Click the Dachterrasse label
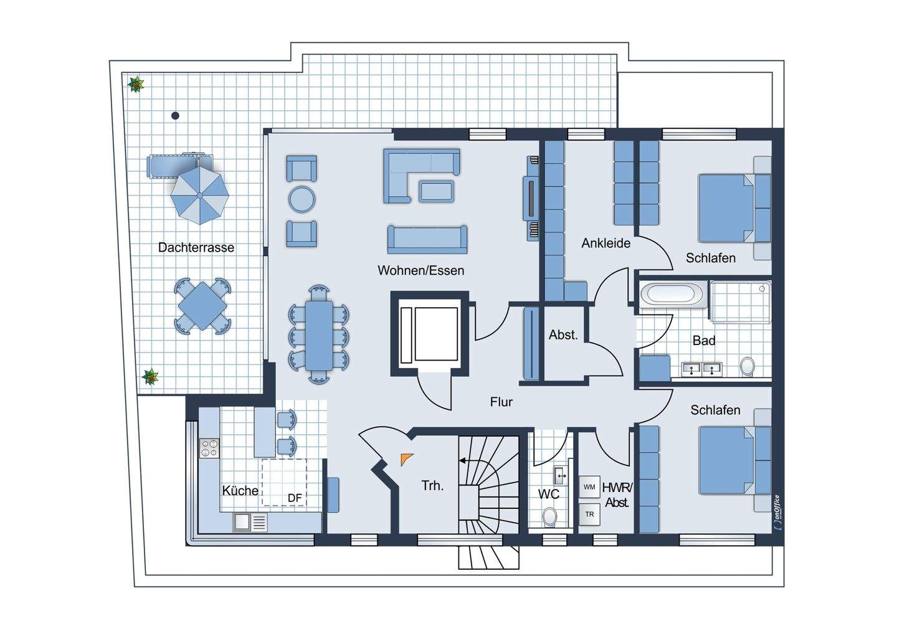tap(196, 247)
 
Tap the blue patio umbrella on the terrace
tap(199, 196)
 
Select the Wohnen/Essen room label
tap(421, 270)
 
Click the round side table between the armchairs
tap(302, 199)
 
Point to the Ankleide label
tap(606, 243)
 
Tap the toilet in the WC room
tap(549, 517)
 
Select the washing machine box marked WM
tap(589, 487)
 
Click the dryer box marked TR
tap(589, 514)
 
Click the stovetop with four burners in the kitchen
tap(209, 448)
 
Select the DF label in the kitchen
tap(295, 498)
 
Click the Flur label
tap(501, 402)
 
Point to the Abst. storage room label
tap(563, 334)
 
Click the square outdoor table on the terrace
tap(202, 306)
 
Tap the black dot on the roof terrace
tap(175, 116)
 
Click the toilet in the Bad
tap(747, 366)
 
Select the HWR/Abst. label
tap(617, 494)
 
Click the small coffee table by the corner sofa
tap(437, 191)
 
